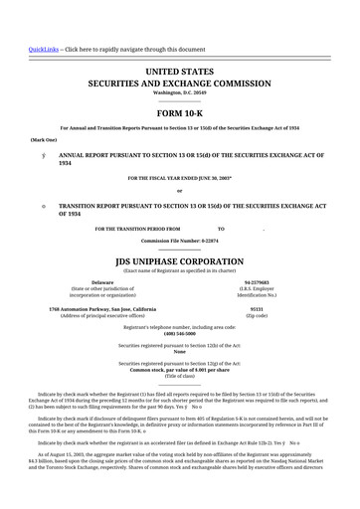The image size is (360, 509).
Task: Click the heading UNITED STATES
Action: pyautogui.click(x=180, y=73)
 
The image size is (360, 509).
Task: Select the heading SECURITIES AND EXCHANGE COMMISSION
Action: pyautogui.click(x=180, y=85)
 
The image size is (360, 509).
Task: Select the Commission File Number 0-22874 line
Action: pyautogui.click(x=180, y=240)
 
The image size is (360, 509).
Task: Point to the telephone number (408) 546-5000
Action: pyautogui.click(x=180, y=333)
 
